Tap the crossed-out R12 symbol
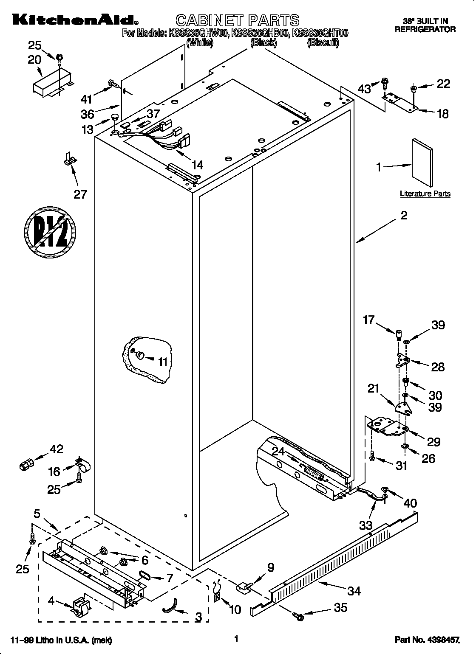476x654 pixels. click(50, 232)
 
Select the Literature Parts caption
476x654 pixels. click(425, 194)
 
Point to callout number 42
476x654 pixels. click(56, 449)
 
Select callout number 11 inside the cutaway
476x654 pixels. click(163, 362)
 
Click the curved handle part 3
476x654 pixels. click(170, 610)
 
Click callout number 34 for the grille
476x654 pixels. click(354, 591)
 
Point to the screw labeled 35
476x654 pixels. click(297, 616)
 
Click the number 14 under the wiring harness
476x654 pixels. click(197, 165)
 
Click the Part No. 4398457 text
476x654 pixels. click(427, 638)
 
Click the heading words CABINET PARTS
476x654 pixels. click(237, 20)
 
